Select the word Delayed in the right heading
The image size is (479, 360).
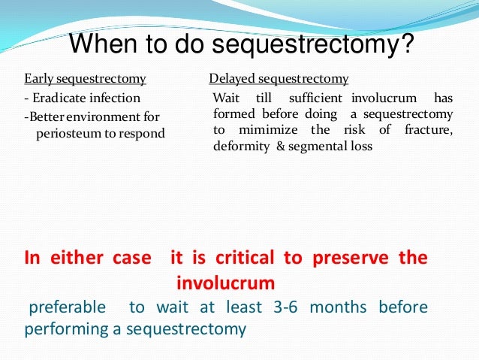coord(234,78)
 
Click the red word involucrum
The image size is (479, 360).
coord(225,283)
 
